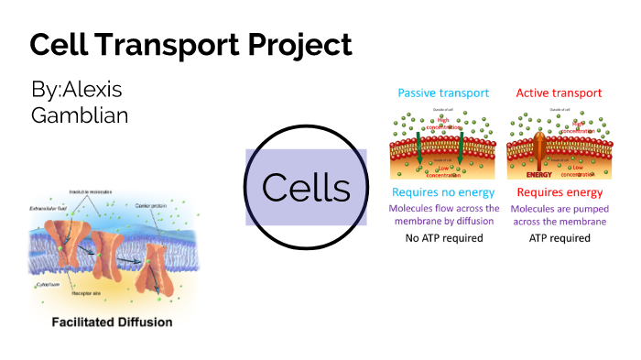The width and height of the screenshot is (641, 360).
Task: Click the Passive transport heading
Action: point(443,93)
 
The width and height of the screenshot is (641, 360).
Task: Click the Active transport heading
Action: point(559,93)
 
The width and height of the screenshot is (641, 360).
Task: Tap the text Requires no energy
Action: point(443,192)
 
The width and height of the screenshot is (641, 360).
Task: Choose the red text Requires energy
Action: point(560,192)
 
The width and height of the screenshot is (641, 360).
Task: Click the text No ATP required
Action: point(443,238)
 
